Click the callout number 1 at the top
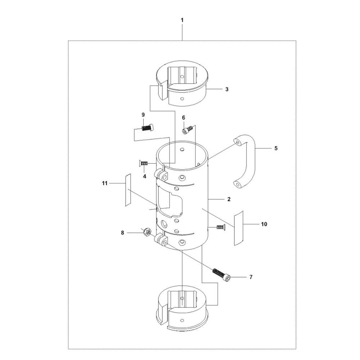tap(182, 20)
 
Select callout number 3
tap(227, 89)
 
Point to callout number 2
tap(229, 199)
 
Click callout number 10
tap(264, 224)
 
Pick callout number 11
tap(105, 183)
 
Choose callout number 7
tap(251, 277)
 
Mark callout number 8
tap(122, 233)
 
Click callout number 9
tap(143, 114)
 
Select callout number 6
tap(184, 118)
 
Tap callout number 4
tap(144, 176)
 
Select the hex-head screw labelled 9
tap(147, 127)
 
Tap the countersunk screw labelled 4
tap(143, 164)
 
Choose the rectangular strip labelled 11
tap(128, 190)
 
